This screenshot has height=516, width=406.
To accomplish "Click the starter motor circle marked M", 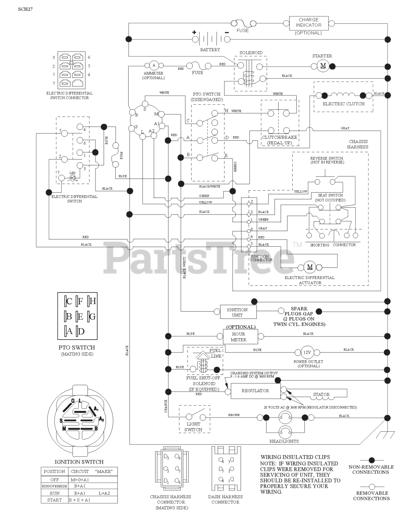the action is click(322, 67).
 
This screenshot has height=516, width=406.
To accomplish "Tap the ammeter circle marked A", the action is click(154, 65).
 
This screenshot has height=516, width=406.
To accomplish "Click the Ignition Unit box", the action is click(237, 312).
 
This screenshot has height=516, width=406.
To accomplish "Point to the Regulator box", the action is click(255, 391).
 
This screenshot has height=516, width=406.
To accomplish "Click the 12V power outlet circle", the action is click(307, 352).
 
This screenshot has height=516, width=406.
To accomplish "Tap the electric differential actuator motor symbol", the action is click(310, 267).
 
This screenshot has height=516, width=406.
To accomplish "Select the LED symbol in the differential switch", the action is click(73, 178).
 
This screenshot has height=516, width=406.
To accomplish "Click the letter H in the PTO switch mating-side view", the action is click(92, 301).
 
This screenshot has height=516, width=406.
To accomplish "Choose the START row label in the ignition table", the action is click(54, 500).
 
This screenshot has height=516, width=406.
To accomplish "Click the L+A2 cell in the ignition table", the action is click(104, 493).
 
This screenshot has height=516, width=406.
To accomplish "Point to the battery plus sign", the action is click(194, 32).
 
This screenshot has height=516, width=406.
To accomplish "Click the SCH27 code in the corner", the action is click(25, 9).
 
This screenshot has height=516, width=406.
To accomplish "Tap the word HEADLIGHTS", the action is click(284, 441).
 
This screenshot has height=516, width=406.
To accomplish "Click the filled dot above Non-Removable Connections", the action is click(371, 460).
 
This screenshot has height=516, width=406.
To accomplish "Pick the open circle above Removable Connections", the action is click(371, 487).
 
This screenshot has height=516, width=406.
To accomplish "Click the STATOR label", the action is click(321, 394).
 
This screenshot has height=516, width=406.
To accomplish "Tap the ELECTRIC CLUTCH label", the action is click(343, 104).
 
